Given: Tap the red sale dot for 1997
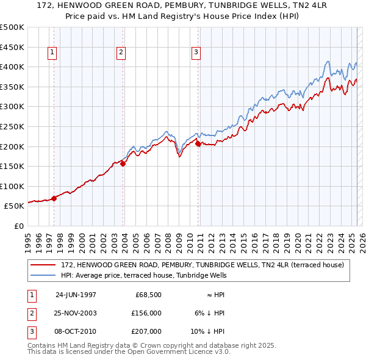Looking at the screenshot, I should tap(54, 198).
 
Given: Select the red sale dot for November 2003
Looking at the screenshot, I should tap(123, 164).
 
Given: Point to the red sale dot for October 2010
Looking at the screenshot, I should tap(198, 143).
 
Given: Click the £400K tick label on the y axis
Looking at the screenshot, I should tap(12, 67).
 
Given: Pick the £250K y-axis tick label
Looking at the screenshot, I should tap(12, 126).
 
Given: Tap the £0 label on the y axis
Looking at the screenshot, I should tap(18, 226).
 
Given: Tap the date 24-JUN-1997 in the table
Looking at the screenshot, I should tap(76, 294).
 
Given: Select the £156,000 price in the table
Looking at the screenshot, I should tap(147, 312).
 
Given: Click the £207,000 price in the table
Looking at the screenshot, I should tap(147, 331).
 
